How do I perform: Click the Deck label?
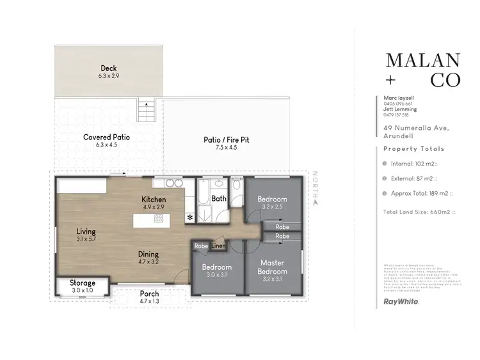pyautogui.click(x=108, y=68)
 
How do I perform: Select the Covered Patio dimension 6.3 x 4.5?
pyautogui.click(x=107, y=145)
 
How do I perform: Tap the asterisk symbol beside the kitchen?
pyautogui.click(x=189, y=217)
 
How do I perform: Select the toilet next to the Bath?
pyautogui.click(x=236, y=185)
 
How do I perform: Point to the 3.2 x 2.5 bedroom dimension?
pyautogui.click(x=272, y=207)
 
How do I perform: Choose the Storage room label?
pyautogui.click(x=83, y=283)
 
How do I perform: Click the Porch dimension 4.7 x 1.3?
pyautogui.click(x=149, y=302)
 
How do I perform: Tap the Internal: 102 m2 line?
pyautogui.click(x=412, y=164)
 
